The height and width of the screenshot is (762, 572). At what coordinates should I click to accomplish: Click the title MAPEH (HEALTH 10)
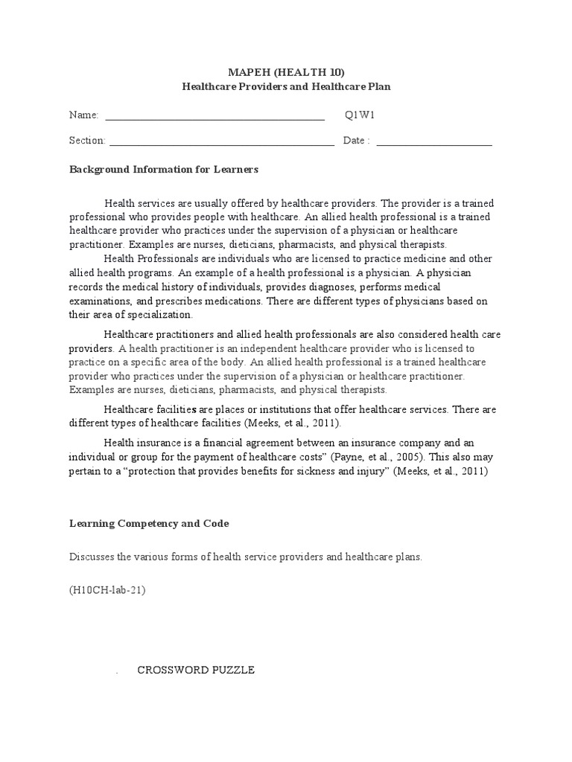point(286,72)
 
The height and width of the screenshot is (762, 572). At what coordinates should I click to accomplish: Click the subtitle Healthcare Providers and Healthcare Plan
point(286,86)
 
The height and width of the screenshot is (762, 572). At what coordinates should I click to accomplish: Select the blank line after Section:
point(221,141)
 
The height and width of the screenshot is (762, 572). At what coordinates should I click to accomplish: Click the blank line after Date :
point(434,141)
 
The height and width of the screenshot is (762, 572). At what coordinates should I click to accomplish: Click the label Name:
point(83,115)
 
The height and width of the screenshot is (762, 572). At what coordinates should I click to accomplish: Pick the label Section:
point(87,141)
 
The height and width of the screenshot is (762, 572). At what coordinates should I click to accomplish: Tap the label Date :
point(356,141)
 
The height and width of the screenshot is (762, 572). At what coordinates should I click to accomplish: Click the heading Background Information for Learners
point(163,170)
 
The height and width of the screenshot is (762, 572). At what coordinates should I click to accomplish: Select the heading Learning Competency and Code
point(149,524)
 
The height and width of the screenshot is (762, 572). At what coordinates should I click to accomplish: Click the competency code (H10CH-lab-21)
point(107,590)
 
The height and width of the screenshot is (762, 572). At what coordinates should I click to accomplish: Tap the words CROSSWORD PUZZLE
point(196,670)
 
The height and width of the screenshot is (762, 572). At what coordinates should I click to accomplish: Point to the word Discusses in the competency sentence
point(90,557)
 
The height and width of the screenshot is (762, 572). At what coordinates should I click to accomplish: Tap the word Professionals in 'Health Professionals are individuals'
point(165,258)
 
